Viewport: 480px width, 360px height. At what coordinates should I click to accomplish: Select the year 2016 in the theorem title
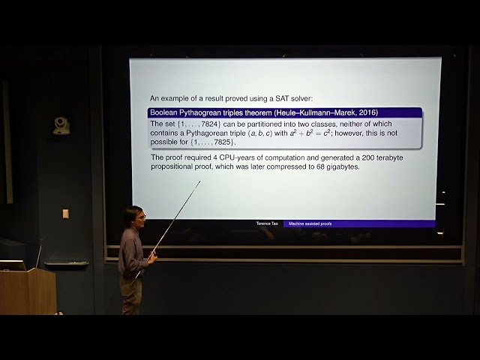pyautogui.click(x=367, y=113)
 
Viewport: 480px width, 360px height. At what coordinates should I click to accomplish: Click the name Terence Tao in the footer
pyautogui.click(x=268, y=223)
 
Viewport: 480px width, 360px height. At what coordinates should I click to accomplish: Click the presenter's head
pyautogui.click(x=134, y=216)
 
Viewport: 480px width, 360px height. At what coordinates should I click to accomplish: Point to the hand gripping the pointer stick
pyautogui.click(x=151, y=257)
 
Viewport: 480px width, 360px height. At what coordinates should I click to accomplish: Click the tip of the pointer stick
pyautogui.click(x=199, y=181)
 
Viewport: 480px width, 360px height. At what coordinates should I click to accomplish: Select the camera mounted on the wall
pyautogui.click(x=61, y=126)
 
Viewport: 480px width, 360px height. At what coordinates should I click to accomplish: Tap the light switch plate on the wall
pyautogui.click(x=65, y=214)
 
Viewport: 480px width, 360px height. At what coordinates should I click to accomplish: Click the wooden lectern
pyautogui.click(x=28, y=291)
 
